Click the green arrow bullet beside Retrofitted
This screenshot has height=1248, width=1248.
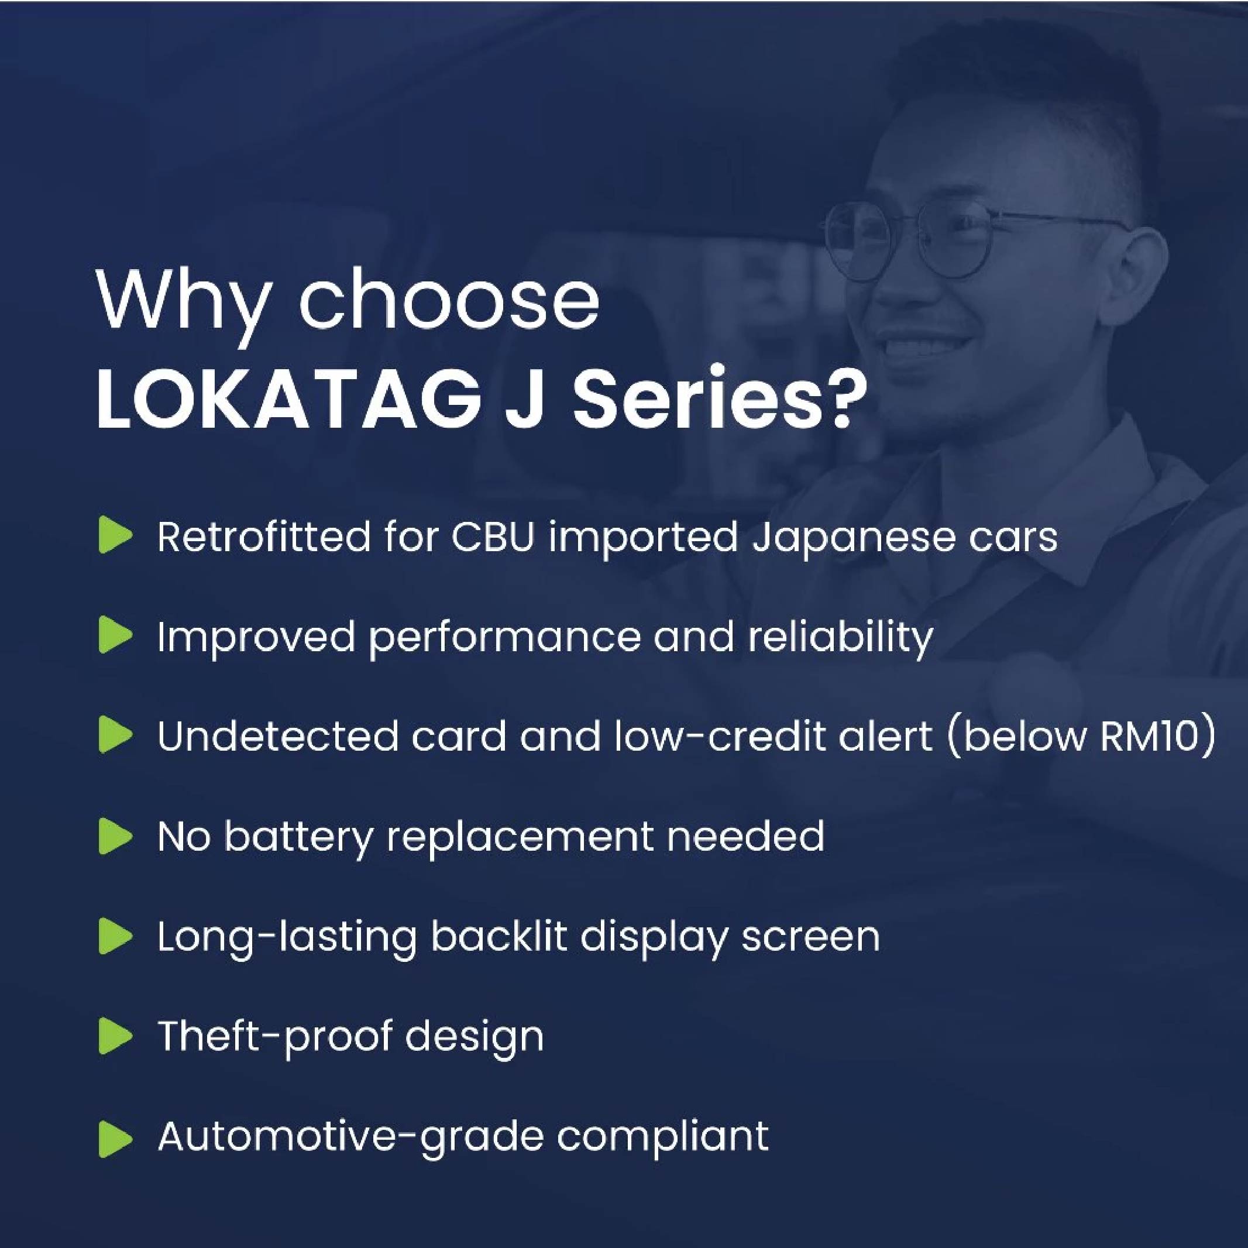coord(115,535)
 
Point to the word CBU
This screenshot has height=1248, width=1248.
coord(493,536)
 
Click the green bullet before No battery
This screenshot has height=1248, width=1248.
coord(115,837)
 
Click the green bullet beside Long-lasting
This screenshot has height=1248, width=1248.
coord(115,937)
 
